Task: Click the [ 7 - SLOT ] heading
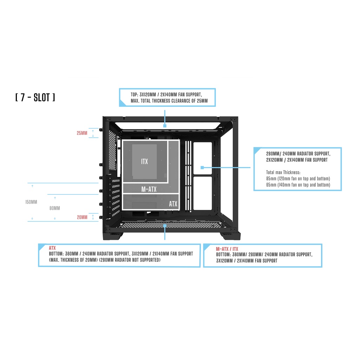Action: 35,97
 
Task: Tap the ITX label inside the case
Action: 144,161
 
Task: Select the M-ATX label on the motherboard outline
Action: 149,189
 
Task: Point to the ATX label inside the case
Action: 173,204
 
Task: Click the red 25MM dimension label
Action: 82,133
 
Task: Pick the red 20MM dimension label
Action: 82,217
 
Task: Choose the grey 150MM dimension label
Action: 31,202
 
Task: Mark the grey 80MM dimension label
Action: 54,208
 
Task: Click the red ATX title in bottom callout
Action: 52,248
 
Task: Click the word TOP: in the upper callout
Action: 135,95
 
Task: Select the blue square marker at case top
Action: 165,125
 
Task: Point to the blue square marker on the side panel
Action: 202,167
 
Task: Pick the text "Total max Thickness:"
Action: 283,172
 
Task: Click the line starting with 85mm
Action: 298,179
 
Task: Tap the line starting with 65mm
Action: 298,185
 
